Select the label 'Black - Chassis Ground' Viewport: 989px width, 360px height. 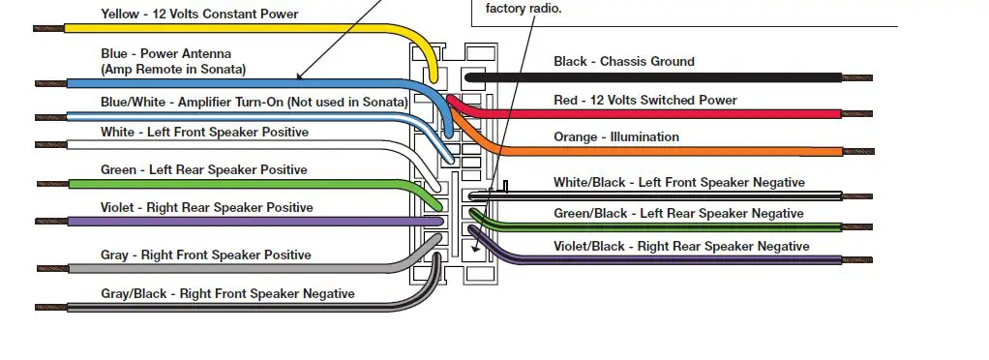(623, 62)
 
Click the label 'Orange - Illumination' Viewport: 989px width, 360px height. (615, 137)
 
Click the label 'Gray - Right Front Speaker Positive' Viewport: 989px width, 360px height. (205, 255)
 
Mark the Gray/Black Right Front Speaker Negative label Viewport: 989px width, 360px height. (227, 293)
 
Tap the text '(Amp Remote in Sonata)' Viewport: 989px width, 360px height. (173, 70)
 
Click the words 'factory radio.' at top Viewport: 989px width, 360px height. (524, 9)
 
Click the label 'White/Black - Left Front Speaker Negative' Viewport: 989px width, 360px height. (678, 182)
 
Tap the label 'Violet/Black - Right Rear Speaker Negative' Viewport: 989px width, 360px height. (681, 246)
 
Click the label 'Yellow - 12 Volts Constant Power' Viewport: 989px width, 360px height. (199, 15)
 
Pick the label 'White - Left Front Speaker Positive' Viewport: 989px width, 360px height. (204, 132)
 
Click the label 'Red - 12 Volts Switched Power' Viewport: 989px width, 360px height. (644, 100)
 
